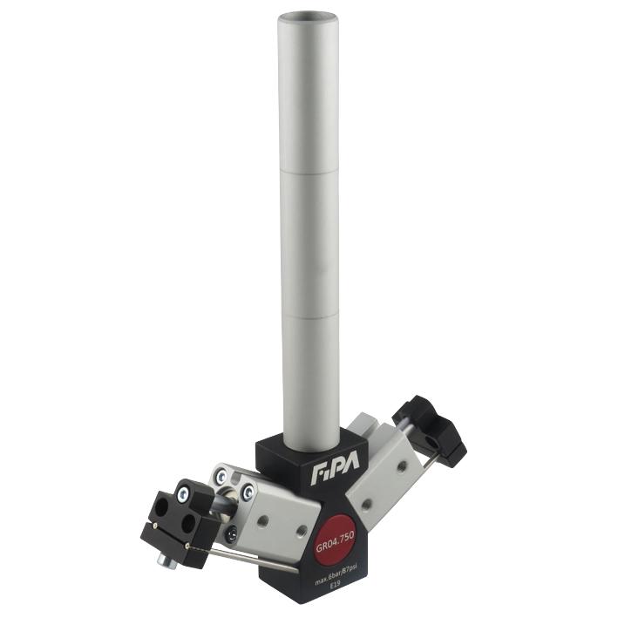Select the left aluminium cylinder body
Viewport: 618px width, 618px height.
point(270,514)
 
